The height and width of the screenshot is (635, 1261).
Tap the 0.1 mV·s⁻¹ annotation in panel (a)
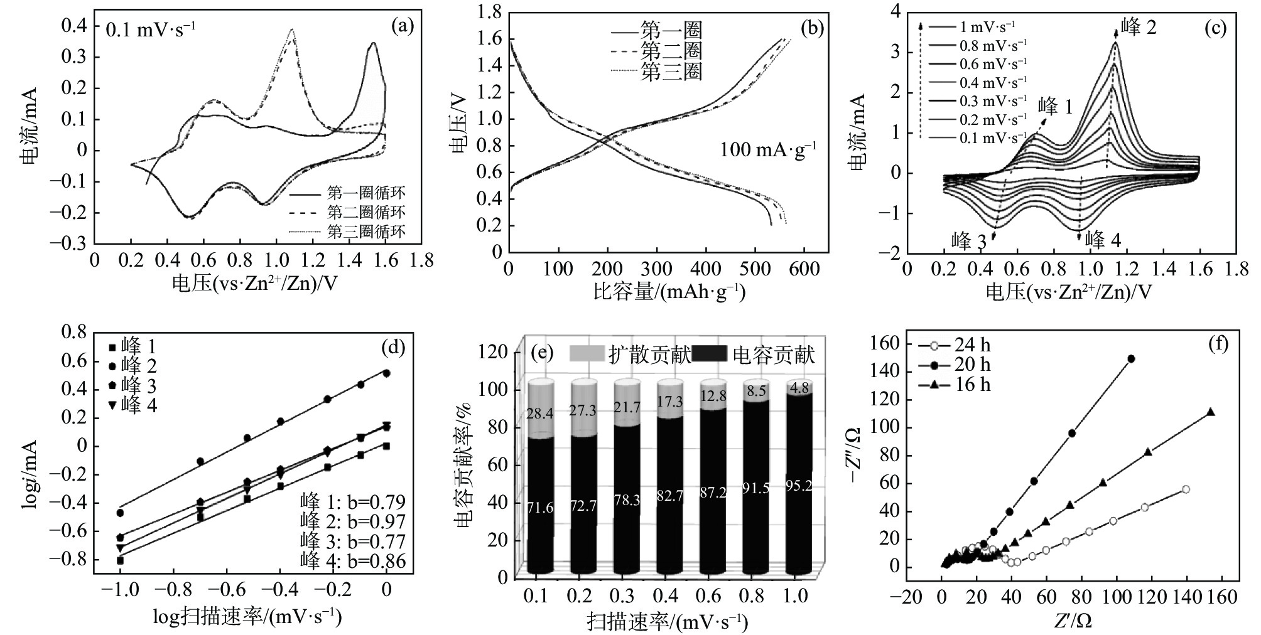pyautogui.click(x=150, y=30)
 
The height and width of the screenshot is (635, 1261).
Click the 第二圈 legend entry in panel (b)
pyautogui.click(x=671, y=51)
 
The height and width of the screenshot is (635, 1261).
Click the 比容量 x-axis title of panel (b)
pyautogui.click(x=669, y=292)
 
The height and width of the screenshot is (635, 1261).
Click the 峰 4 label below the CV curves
pyautogui.click(x=1103, y=240)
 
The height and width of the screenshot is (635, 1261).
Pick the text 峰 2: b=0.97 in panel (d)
pyautogui.click(x=352, y=521)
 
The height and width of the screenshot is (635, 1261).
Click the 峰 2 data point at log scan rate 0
pyautogui.click(x=386, y=373)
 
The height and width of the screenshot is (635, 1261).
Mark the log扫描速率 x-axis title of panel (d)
pyautogui.click(x=247, y=617)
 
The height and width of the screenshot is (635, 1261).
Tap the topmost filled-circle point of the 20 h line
pyautogui.click(x=1131, y=359)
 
